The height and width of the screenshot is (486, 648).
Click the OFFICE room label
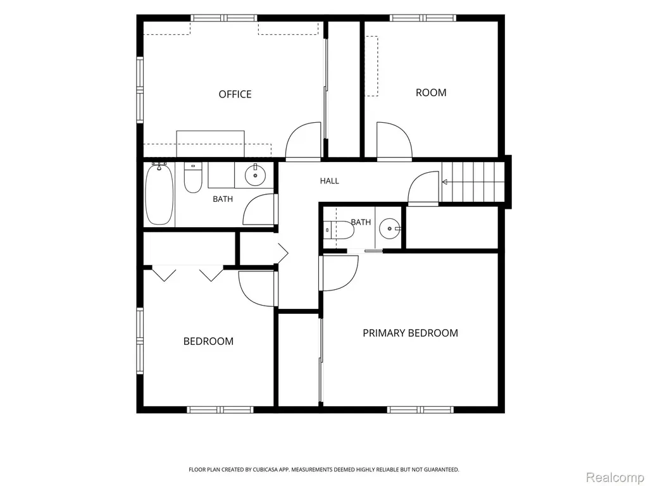tap(235, 94)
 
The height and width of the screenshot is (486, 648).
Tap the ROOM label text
tap(430, 92)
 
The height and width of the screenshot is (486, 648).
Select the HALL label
tap(329, 180)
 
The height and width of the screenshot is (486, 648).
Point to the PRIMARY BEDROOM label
tap(410, 333)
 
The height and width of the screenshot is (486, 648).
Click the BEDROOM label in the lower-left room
tap(208, 341)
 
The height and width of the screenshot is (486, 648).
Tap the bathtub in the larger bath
tap(159, 194)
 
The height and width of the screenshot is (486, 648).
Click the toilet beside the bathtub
tap(192, 178)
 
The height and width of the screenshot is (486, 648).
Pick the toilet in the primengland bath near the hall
tap(339, 230)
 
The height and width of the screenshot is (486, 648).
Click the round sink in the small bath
tap(389, 228)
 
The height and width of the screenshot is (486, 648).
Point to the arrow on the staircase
tap(445, 182)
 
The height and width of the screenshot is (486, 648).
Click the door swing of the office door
tap(302, 140)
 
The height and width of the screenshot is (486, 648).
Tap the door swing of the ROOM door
tap(395, 140)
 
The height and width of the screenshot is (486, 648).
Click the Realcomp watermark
tap(614, 478)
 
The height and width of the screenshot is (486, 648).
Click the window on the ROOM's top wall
tap(423, 18)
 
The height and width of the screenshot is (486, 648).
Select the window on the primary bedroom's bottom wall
tap(420, 409)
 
